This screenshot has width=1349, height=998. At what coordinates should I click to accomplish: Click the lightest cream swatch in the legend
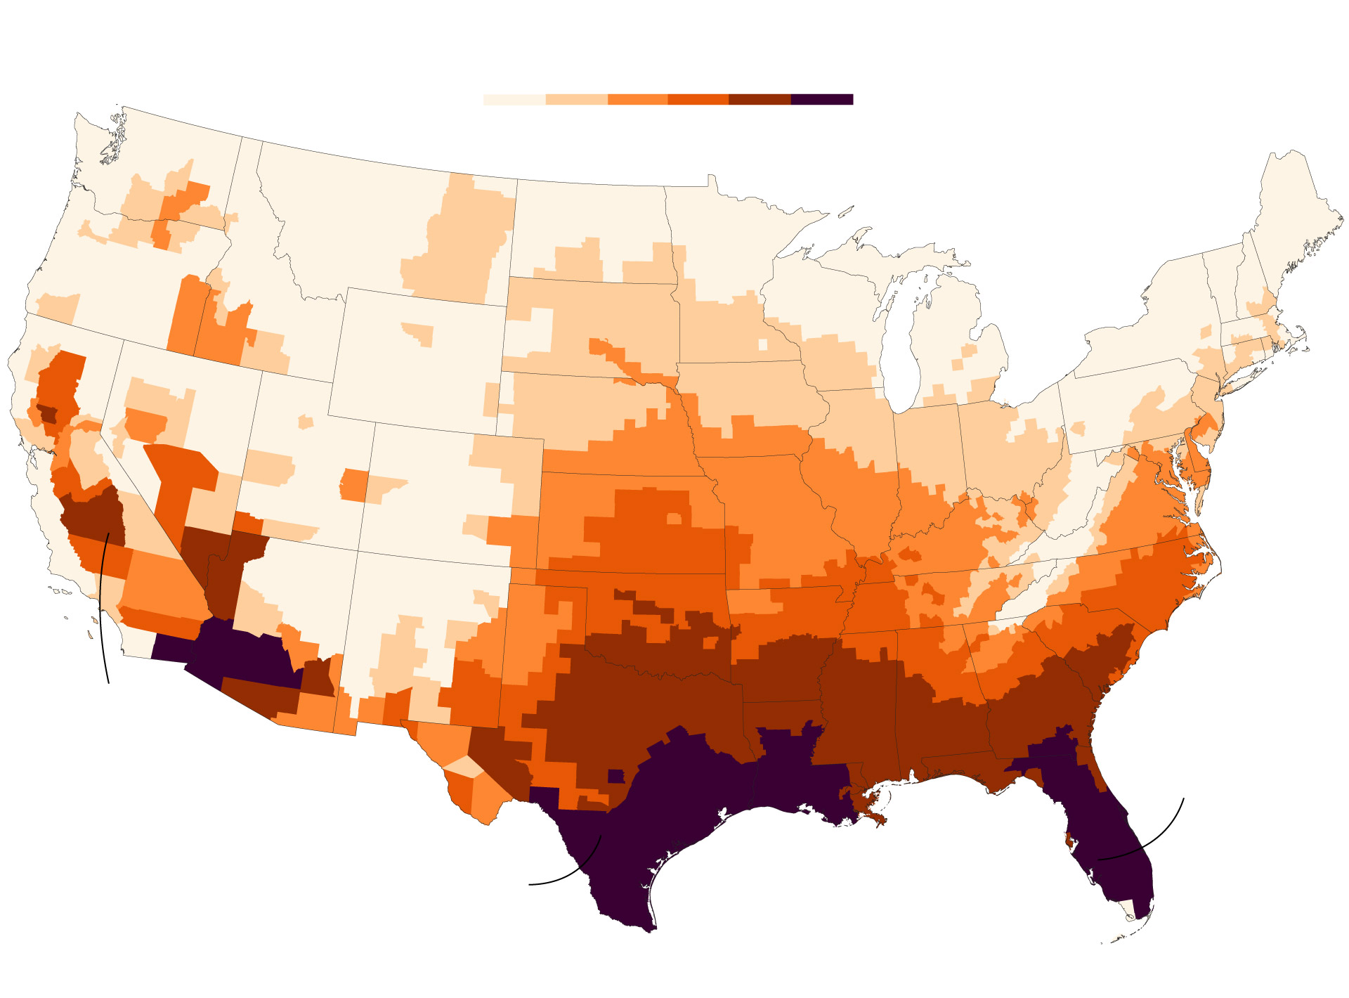[x=514, y=99]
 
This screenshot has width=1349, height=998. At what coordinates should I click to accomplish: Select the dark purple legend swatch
[x=822, y=99]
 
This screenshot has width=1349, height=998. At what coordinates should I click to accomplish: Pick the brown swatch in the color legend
[x=760, y=99]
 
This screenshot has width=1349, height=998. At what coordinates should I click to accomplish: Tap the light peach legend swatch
[x=576, y=99]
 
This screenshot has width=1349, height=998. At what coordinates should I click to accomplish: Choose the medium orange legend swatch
[x=637, y=99]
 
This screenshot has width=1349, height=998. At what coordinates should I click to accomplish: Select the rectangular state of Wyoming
[x=418, y=358]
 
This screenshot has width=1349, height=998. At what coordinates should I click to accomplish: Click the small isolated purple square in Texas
[x=616, y=776]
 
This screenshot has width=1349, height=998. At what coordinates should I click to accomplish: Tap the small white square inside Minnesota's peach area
[x=763, y=344]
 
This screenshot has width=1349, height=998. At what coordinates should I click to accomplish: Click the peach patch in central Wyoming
[x=420, y=333]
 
